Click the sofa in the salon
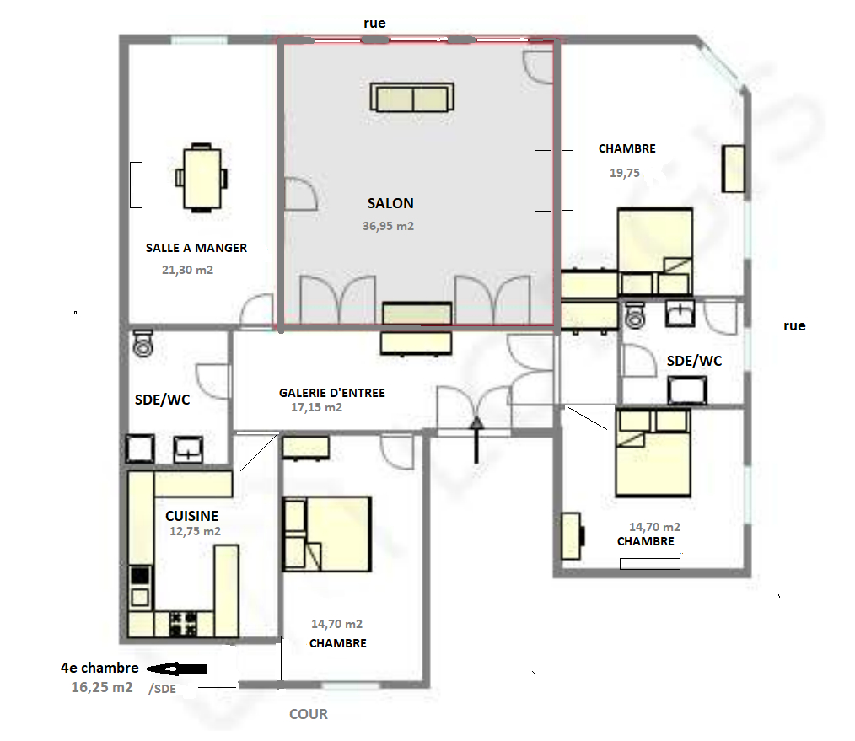click(x=412, y=98)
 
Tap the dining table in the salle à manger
click(x=202, y=178)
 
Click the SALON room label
click(x=390, y=203)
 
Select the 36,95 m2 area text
click(x=388, y=226)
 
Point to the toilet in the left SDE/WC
click(x=142, y=343)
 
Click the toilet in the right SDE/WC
click(x=635, y=315)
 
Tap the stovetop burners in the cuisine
click(x=183, y=623)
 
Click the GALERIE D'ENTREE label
click(x=332, y=393)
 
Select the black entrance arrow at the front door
click(x=476, y=440)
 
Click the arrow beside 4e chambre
click(x=177, y=669)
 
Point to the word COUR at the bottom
click(x=309, y=714)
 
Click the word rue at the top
click(x=374, y=23)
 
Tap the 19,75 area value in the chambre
click(x=624, y=173)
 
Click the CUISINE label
click(x=192, y=516)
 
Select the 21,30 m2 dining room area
click(x=187, y=270)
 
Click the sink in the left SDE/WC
click(x=187, y=450)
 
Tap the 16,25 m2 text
click(x=102, y=687)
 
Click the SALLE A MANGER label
click(x=196, y=248)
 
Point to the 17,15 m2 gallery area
click(x=317, y=407)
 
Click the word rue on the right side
click(x=794, y=326)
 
